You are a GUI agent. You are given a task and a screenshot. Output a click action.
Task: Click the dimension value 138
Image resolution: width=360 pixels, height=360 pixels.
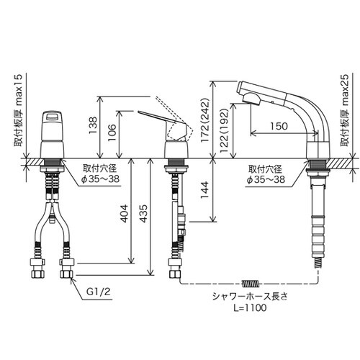pyautogui.click(x=93, y=125)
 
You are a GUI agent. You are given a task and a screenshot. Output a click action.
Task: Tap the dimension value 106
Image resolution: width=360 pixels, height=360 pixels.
pyautogui.click(x=112, y=132)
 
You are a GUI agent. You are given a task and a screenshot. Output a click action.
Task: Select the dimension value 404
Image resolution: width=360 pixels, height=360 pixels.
pyautogui.click(x=124, y=214)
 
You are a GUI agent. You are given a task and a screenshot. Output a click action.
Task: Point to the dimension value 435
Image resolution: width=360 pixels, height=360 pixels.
pyautogui.click(x=143, y=214)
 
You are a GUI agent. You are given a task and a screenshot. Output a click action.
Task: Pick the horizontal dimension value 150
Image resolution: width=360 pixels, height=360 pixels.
pyautogui.click(x=279, y=126)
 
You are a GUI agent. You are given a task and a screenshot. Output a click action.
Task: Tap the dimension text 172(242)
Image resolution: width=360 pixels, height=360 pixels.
pyautogui.click(x=206, y=120)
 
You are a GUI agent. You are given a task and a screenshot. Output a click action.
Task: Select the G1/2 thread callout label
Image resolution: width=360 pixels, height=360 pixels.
pyautogui.click(x=99, y=292)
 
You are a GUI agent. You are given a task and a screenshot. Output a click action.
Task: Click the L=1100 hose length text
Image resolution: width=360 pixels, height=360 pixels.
pyautogui.click(x=250, y=307)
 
